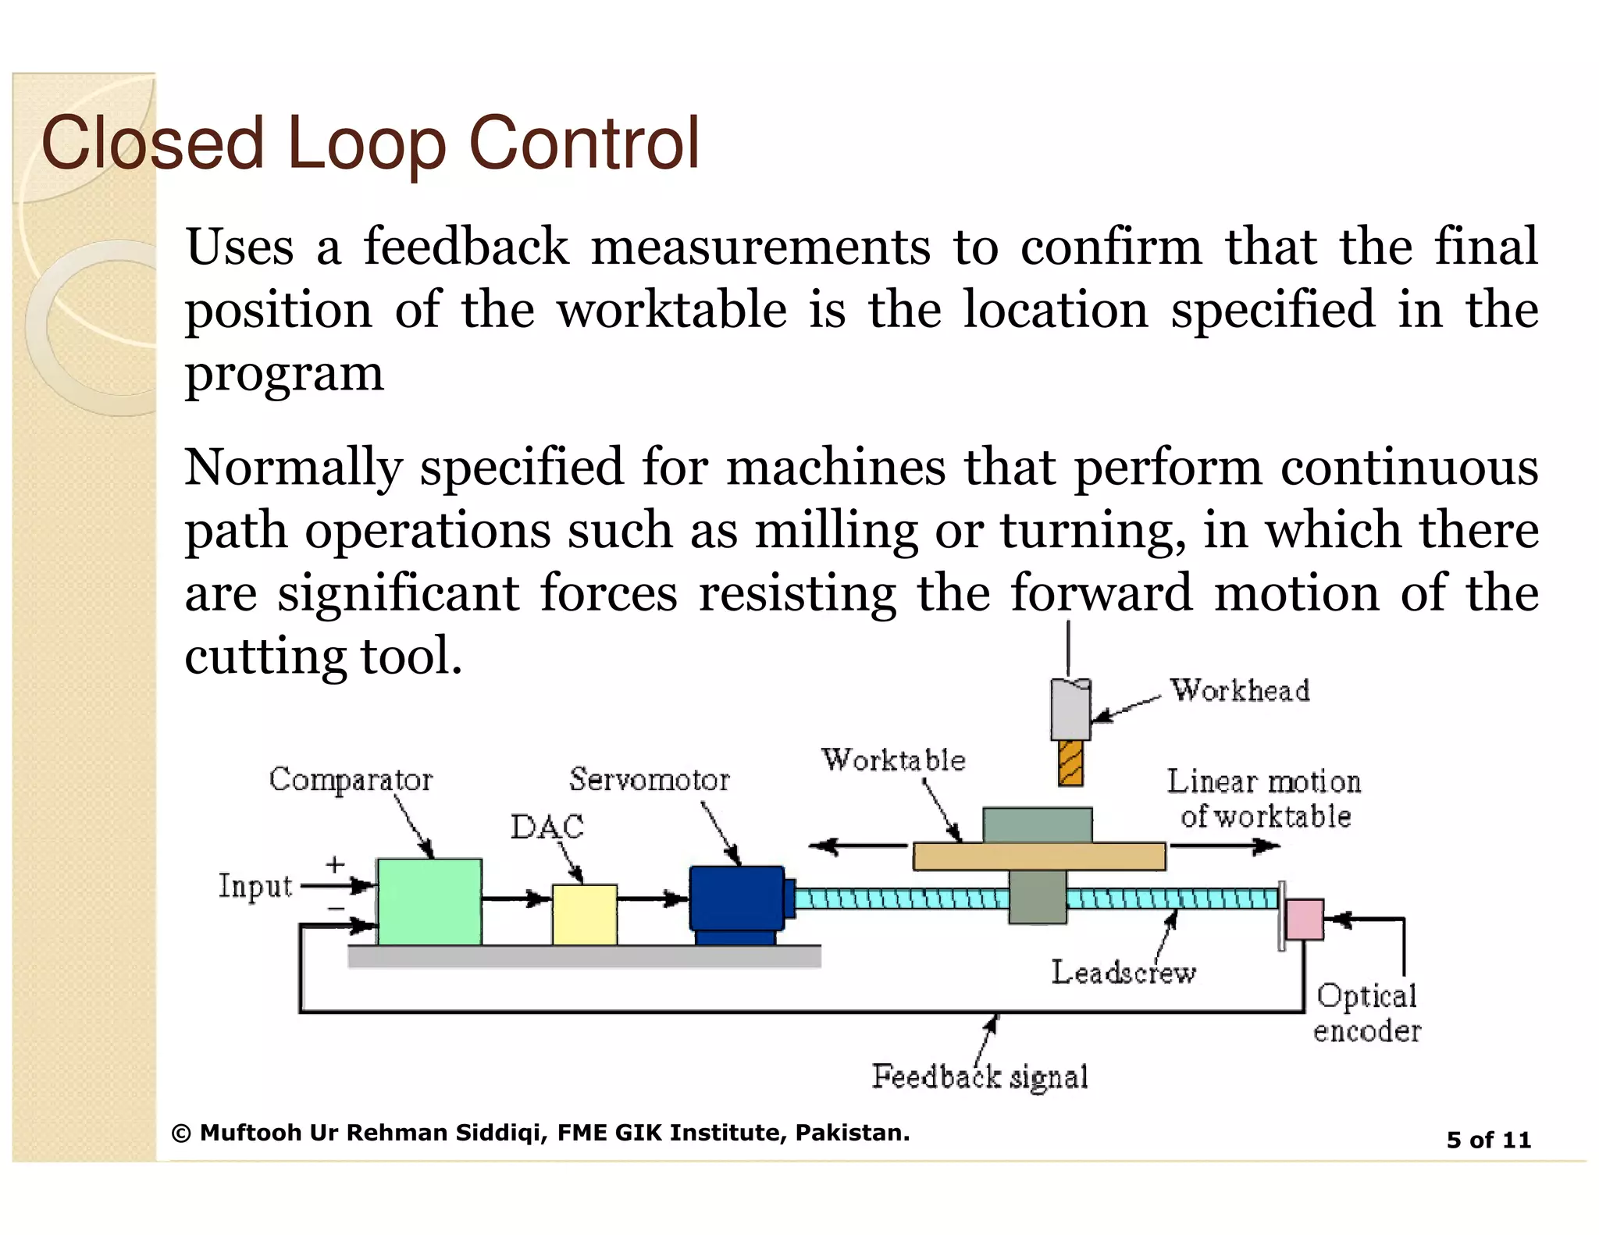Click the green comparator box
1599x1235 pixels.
tap(429, 902)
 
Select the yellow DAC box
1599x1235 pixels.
tap(584, 913)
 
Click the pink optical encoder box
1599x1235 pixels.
tap(1304, 920)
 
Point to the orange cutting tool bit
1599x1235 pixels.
tap(1070, 763)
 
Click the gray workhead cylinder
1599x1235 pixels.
tap(1070, 709)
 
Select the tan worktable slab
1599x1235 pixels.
tap(1038, 856)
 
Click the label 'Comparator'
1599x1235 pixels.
tap(351, 779)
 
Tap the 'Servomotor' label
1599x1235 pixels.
tap(649, 779)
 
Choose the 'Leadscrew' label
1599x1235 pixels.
tap(1123, 973)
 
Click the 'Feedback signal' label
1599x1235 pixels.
tap(980, 1077)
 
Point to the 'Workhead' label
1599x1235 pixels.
tap(1239, 691)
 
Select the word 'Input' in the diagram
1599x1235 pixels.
tap(255, 886)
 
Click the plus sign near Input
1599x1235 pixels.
tap(335, 864)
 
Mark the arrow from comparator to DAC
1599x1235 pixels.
tap(516, 899)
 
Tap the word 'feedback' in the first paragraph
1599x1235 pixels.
tap(465, 247)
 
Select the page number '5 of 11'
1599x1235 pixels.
tap(1488, 1140)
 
